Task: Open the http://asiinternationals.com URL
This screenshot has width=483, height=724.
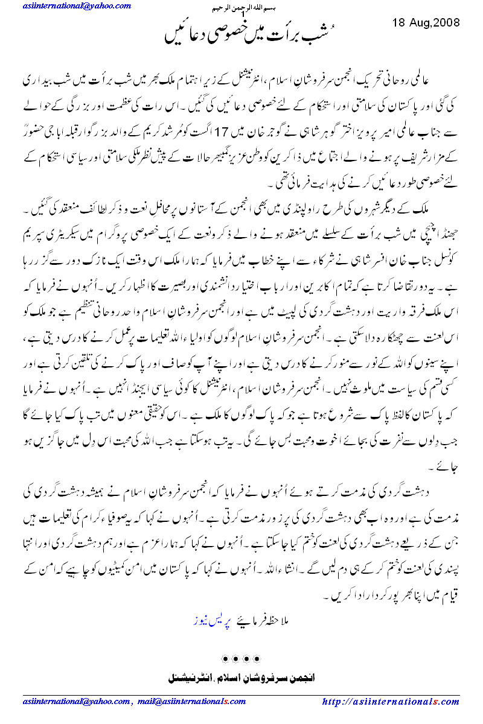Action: [391, 702]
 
